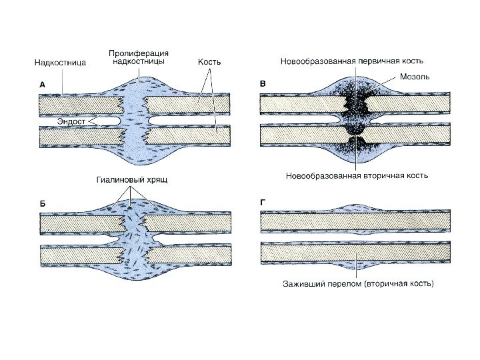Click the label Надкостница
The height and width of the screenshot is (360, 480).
click(x=60, y=63)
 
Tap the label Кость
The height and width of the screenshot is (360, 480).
click(x=209, y=62)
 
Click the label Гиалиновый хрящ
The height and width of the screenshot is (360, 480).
click(x=131, y=180)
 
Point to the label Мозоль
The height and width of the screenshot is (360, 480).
click(x=415, y=77)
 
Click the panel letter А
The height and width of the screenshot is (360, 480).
click(x=42, y=85)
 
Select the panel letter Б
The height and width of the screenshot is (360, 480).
click(x=42, y=201)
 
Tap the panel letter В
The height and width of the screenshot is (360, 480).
click(x=262, y=84)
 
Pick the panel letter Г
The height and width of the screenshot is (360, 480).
click(x=262, y=201)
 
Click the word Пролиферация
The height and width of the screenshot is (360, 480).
click(x=139, y=53)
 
